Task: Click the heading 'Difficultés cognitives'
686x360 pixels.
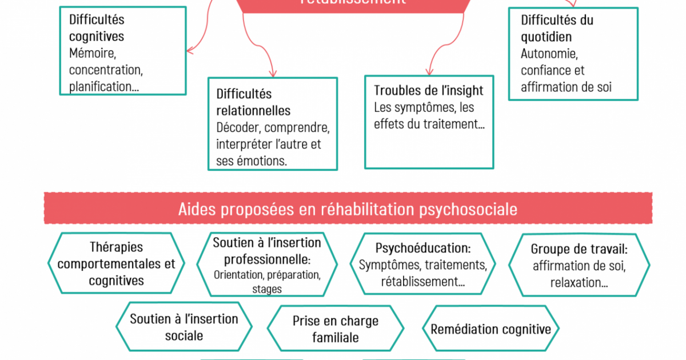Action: (x=97, y=27)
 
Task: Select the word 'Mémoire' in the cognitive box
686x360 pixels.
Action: (x=93, y=53)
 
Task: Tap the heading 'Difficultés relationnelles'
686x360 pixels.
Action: (x=253, y=102)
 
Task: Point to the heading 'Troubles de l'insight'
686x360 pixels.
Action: (x=428, y=90)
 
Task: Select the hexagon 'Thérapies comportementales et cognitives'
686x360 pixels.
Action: (x=117, y=263)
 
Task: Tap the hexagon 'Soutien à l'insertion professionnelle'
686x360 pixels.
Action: (x=267, y=264)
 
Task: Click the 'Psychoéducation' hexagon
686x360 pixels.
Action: (x=422, y=265)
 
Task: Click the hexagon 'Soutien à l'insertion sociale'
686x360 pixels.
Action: (x=184, y=327)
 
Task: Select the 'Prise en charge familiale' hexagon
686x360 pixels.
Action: (x=335, y=329)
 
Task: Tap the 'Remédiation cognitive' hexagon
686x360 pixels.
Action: (x=490, y=329)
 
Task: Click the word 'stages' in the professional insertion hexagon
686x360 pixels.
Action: (x=267, y=289)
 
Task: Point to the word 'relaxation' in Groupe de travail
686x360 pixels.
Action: (x=575, y=283)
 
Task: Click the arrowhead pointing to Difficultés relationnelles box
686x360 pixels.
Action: (x=272, y=73)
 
